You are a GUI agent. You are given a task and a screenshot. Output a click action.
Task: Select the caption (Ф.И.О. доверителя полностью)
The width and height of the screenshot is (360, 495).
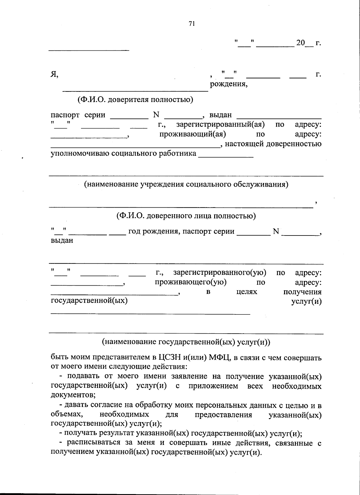point(135,100)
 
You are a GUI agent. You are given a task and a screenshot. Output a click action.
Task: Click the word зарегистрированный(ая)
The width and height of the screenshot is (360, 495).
point(220,124)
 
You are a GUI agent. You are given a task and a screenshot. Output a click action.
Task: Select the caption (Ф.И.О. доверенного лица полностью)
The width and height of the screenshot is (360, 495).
point(186,216)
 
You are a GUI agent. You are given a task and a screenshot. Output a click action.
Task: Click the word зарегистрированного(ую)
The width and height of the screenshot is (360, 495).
point(220,273)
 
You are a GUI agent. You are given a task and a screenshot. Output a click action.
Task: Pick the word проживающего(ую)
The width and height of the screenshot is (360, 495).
point(190,282)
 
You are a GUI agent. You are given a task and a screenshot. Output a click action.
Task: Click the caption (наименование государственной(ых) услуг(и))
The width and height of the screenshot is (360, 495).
point(186,342)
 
